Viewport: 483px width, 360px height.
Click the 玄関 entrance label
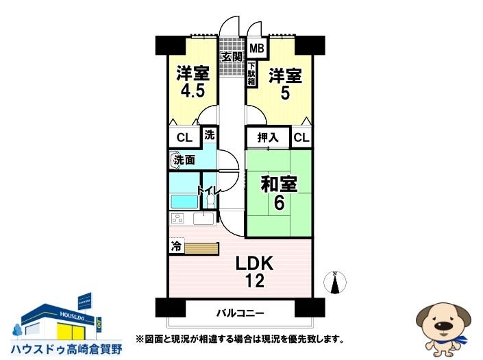click(x=231, y=56)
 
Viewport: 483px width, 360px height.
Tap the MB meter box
click(x=256, y=49)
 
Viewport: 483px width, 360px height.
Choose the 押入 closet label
click(x=268, y=138)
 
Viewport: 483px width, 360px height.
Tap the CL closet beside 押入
click(x=301, y=138)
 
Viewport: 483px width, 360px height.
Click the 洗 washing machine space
click(x=209, y=134)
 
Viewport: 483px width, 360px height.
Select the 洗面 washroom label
click(x=184, y=160)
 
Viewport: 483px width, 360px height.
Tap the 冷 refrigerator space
click(x=176, y=245)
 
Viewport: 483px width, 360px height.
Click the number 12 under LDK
click(x=254, y=280)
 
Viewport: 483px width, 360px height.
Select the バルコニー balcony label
click(x=240, y=313)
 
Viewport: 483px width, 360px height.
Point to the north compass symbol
click(x=336, y=282)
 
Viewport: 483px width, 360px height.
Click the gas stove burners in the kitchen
click(x=178, y=219)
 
